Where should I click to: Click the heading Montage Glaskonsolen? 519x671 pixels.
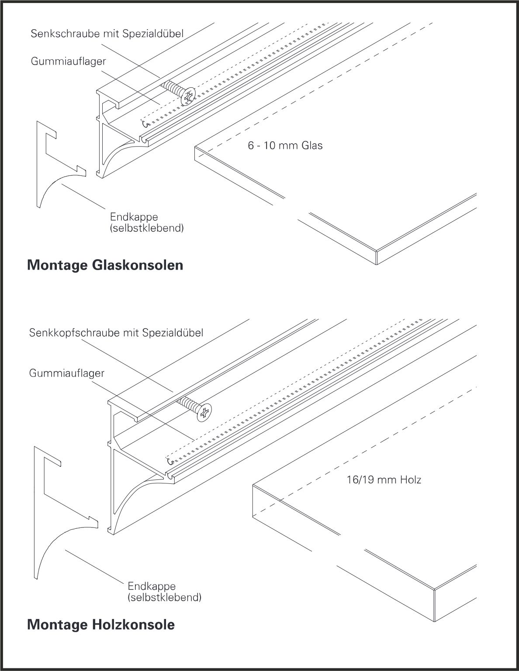pyautogui.click(x=105, y=265)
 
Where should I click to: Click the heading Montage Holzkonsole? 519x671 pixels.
pyautogui.click(x=101, y=624)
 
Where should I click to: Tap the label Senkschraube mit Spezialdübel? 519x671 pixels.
pyautogui.click(x=107, y=33)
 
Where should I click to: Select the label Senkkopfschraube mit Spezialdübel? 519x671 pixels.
pyautogui.click(x=116, y=333)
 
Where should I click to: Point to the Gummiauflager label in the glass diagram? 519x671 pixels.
pyautogui.click(x=68, y=61)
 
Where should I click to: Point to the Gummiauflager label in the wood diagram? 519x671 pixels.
pyautogui.click(x=67, y=373)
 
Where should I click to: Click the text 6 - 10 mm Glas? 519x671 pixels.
pyautogui.click(x=285, y=146)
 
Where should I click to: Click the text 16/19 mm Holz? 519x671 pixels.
pyautogui.click(x=384, y=480)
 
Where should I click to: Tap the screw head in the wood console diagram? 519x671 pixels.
pyautogui.click(x=204, y=413)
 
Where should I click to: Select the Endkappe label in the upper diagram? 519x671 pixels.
pyautogui.click(x=128, y=217)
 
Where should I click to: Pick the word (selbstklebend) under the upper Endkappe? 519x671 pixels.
pyautogui.click(x=147, y=228)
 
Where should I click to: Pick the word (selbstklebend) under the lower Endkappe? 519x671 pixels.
pyautogui.click(x=165, y=597)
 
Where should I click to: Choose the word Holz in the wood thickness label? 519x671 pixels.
pyautogui.click(x=412, y=480)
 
